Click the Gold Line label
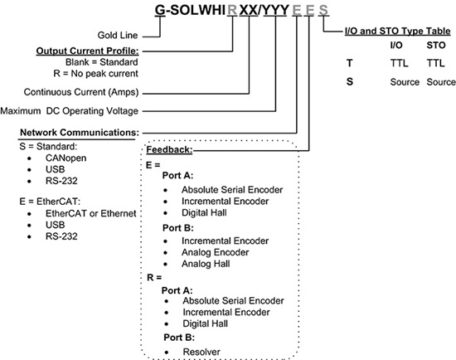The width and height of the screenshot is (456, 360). (x=113, y=36)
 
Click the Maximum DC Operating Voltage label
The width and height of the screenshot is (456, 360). (x=70, y=110)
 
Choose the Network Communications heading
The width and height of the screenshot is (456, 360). (x=79, y=131)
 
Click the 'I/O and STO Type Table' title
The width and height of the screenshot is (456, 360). (x=398, y=32)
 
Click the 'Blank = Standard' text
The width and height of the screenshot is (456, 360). (x=101, y=61)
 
